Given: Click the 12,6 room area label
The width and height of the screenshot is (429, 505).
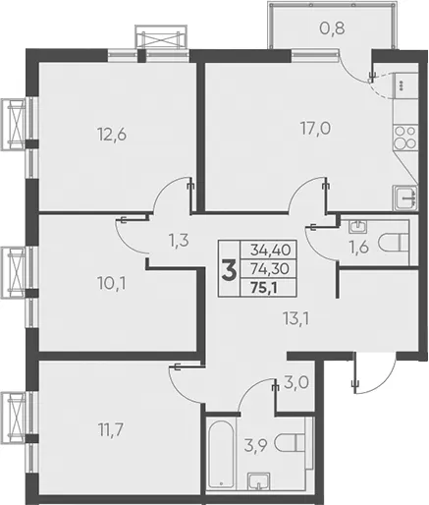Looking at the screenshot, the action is [112, 135].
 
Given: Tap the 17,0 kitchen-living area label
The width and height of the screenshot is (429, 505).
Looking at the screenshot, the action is [315, 128].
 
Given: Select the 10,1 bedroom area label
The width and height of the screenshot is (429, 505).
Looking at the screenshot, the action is [112, 283].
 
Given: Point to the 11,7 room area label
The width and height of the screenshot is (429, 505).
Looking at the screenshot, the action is [111, 429].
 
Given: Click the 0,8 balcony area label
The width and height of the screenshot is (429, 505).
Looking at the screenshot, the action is [332, 28].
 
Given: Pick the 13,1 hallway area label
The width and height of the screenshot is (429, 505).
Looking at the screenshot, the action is [296, 318].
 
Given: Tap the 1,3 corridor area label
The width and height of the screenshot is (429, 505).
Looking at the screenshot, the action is [179, 241].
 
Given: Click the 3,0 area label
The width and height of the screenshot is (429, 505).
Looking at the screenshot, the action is [296, 382].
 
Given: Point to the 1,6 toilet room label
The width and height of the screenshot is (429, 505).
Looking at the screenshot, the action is [358, 248].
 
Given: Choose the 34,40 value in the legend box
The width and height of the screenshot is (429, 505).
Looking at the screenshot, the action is [270, 251].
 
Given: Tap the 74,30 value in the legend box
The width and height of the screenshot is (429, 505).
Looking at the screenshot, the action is [270, 269].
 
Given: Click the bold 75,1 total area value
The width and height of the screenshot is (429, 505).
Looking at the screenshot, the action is [264, 288].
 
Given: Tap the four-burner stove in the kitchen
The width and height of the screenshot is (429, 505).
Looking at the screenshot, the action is [405, 138].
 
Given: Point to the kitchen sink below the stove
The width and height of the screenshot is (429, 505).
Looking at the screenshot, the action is [405, 197].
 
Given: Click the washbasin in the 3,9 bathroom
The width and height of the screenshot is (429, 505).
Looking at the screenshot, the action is [259, 481].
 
